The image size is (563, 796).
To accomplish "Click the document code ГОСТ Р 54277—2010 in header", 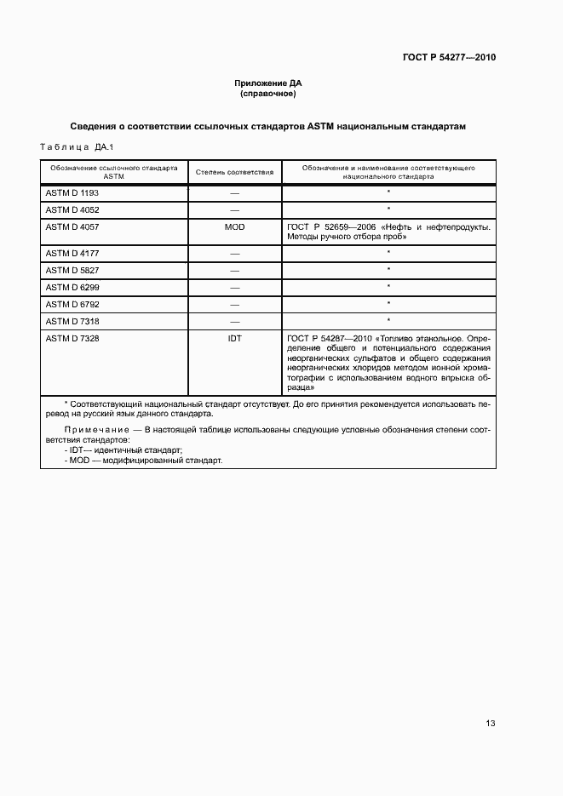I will pyautogui.click(x=448, y=58).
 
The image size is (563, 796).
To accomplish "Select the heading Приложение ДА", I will pyautogui.click(x=268, y=83).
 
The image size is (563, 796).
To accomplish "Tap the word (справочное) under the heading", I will pyautogui.click(x=268, y=94).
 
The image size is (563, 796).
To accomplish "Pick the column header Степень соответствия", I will pyautogui.click(x=234, y=172).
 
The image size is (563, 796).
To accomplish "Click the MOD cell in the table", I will pyautogui.click(x=234, y=226).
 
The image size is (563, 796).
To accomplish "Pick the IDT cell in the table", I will pyautogui.click(x=234, y=338).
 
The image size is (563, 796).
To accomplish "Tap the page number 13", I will pyautogui.click(x=490, y=724).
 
